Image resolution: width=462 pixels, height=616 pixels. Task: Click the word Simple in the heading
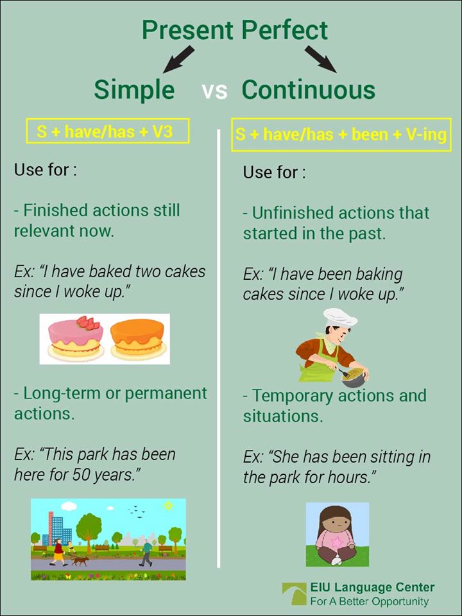click(x=134, y=90)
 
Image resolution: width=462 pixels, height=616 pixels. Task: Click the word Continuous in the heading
click(x=308, y=90)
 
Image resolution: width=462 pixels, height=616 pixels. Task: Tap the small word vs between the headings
click(x=214, y=91)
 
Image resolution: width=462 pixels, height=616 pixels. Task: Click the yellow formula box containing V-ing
click(x=341, y=135)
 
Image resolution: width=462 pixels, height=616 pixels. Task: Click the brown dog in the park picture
click(x=80, y=560)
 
